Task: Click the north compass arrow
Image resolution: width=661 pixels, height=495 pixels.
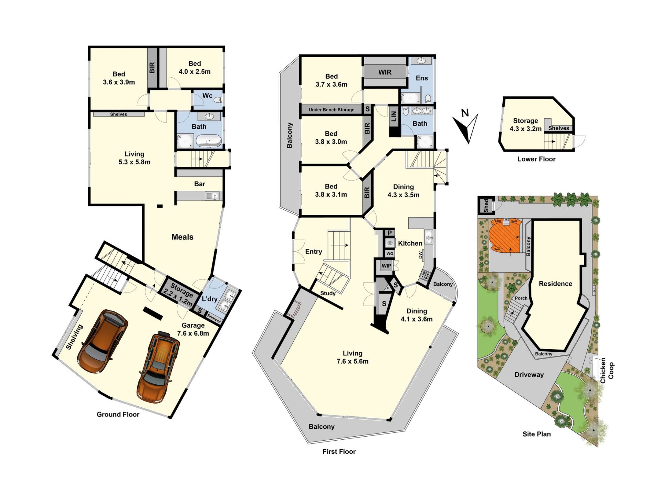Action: pos(467,128)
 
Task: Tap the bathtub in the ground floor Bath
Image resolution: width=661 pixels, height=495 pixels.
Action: pos(209,141)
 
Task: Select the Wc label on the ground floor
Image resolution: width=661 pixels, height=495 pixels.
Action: pos(207,96)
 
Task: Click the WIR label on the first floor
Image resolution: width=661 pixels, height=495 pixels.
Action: pos(385,72)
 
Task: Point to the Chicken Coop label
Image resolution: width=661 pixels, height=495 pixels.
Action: pos(607,371)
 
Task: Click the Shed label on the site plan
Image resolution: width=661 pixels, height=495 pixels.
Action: pos(486,206)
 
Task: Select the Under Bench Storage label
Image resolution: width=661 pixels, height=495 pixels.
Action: pos(331,110)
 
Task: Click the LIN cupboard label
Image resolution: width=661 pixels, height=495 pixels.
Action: pos(394,116)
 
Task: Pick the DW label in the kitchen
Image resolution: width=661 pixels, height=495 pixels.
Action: pos(420,255)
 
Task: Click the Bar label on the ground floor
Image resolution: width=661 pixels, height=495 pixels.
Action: pos(200,184)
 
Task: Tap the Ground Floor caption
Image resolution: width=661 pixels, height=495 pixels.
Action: pos(118,415)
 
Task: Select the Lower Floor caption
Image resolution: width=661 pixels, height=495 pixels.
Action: pos(536,159)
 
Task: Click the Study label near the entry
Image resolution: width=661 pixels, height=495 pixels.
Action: pos(328,293)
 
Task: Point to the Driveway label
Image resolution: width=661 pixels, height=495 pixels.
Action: pos(529,375)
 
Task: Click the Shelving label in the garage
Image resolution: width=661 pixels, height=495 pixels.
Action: pos(74,337)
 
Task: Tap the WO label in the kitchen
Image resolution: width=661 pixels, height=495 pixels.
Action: pos(390,254)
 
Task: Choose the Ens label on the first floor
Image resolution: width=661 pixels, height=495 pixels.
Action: pos(422,78)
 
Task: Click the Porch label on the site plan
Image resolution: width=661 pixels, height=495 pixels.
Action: pos(521,298)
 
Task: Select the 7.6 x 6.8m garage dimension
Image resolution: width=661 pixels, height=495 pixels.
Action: pos(193,333)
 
